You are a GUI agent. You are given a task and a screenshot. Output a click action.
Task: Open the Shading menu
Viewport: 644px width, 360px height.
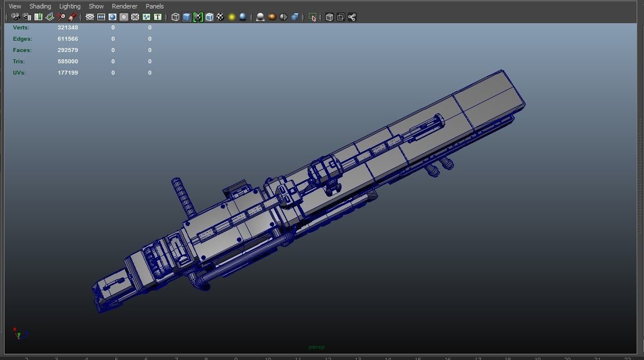[40, 6]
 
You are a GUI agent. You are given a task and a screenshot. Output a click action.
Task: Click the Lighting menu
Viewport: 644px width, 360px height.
[70, 6]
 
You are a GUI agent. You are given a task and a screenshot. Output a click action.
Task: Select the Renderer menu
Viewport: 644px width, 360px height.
[124, 6]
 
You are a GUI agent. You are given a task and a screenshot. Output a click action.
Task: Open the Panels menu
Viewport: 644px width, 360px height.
[154, 6]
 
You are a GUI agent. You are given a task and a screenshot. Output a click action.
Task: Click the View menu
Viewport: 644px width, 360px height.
[15, 6]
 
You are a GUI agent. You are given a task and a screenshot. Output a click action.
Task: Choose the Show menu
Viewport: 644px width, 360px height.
[96, 6]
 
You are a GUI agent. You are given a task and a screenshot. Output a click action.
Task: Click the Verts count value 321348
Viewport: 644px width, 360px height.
[68, 28]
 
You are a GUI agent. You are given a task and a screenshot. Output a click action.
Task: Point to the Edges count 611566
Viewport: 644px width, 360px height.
[68, 39]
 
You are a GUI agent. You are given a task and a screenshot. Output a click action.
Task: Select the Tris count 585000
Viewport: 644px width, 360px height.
[68, 62]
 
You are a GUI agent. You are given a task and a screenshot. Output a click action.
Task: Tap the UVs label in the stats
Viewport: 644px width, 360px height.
[19, 73]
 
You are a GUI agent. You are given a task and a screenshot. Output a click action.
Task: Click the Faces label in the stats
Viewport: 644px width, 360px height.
[22, 50]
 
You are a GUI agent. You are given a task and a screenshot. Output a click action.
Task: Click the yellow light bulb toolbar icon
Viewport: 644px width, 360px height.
[232, 17]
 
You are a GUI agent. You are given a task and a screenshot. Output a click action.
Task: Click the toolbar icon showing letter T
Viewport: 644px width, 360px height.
[158, 17]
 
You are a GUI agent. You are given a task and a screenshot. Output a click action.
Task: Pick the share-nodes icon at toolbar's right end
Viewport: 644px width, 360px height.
[352, 17]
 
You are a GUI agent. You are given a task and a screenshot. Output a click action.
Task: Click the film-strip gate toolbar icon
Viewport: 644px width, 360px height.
[101, 17]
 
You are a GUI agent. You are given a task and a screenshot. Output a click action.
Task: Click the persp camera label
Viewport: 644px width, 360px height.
[317, 347]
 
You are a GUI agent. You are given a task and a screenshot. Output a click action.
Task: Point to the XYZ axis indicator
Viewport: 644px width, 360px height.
[19, 333]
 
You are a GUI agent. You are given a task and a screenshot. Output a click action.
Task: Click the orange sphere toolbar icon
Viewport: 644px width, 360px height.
[272, 17]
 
